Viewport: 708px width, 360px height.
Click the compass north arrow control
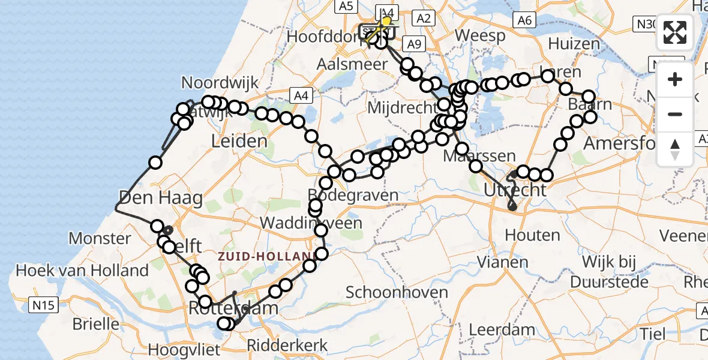coord(675,149)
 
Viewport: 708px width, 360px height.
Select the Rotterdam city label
coord(234,309)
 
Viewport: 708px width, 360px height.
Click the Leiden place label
coord(239,142)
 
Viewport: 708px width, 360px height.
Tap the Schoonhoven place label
coord(397,293)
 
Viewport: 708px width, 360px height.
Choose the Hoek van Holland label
coord(82,271)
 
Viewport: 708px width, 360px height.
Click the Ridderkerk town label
coord(288,345)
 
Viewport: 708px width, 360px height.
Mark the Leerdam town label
coord(502,329)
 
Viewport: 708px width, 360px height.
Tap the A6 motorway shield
coord(524,21)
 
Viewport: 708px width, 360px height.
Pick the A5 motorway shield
coord(344,7)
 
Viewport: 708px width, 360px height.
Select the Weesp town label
coord(479,36)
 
